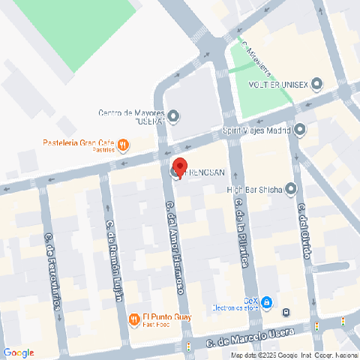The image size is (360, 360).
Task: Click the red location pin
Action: point(179,166)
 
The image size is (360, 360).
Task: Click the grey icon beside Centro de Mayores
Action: point(174,116)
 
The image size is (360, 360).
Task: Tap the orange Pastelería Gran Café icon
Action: point(123,143)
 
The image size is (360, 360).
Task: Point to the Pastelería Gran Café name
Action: point(78,143)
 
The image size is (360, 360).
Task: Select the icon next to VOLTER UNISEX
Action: point(316,84)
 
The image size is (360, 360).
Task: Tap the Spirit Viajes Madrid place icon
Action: point(300,130)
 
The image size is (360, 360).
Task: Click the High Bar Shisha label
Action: point(255,189)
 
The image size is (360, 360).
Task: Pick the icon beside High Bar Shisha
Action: point(291,189)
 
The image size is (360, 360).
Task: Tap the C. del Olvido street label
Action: point(303,229)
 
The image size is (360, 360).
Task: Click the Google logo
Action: point(19,352)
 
